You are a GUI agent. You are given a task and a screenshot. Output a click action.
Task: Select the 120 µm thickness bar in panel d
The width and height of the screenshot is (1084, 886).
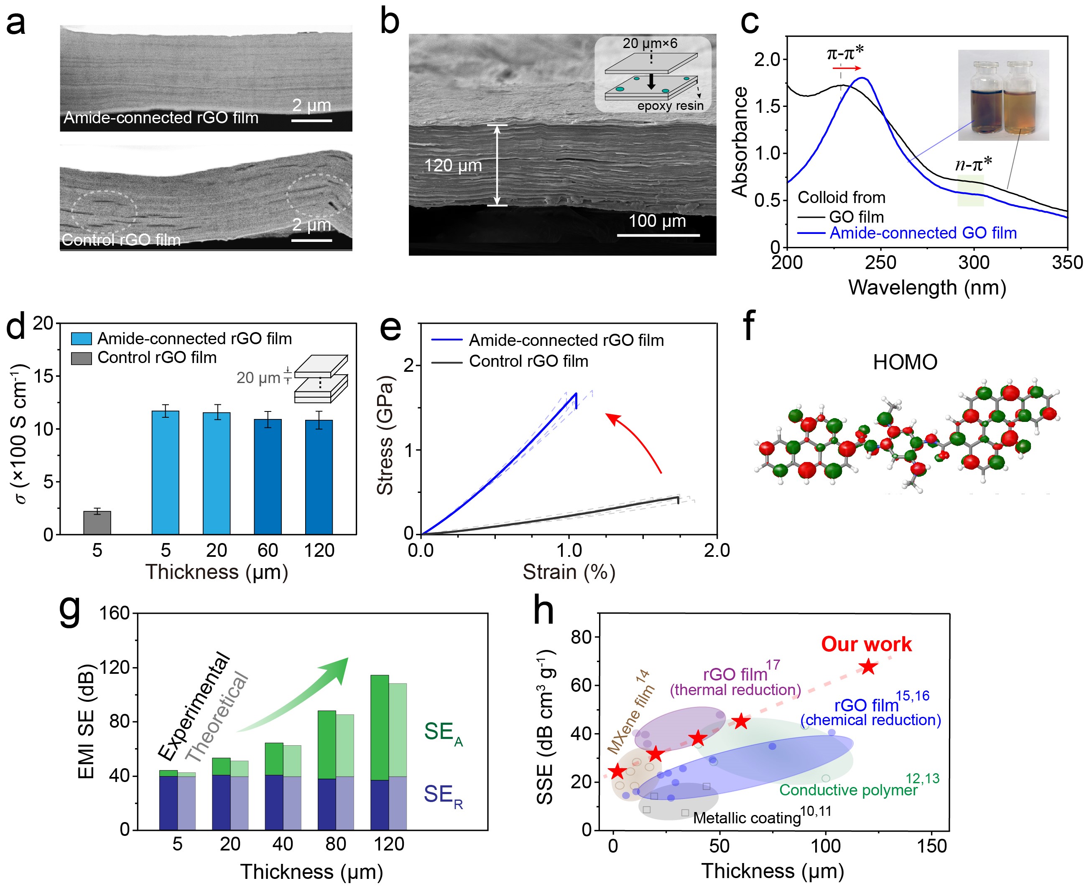[x=319, y=477]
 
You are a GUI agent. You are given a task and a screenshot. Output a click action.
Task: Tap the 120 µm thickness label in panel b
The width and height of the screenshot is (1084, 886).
[x=453, y=165]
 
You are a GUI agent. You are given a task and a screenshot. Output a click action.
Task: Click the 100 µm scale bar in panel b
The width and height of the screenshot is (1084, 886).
[x=658, y=235]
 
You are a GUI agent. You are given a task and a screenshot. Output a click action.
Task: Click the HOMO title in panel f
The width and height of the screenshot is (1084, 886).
[x=905, y=362]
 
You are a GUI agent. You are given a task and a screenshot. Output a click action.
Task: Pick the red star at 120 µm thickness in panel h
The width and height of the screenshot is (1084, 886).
[x=868, y=667]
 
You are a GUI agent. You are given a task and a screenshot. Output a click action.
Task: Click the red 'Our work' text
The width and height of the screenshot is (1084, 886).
[x=866, y=644]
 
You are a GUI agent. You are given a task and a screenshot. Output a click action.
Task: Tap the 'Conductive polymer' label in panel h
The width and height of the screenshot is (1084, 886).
[x=848, y=790]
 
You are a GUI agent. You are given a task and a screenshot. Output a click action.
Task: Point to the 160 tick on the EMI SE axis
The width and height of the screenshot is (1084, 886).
[x=115, y=613]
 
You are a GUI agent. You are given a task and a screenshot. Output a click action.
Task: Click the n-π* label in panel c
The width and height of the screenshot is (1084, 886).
[x=973, y=164]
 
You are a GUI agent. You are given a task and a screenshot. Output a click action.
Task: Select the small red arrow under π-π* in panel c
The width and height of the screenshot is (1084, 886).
[x=847, y=68]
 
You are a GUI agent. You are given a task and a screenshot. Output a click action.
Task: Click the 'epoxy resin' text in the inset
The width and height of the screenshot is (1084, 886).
[x=670, y=106]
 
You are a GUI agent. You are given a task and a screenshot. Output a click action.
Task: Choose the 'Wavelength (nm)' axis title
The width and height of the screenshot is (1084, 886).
[x=927, y=287]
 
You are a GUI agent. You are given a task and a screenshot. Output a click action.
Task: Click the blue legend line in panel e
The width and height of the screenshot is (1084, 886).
[x=446, y=340]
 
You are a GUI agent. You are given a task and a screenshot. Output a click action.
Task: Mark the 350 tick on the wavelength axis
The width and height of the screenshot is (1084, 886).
[x=1066, y=262]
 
